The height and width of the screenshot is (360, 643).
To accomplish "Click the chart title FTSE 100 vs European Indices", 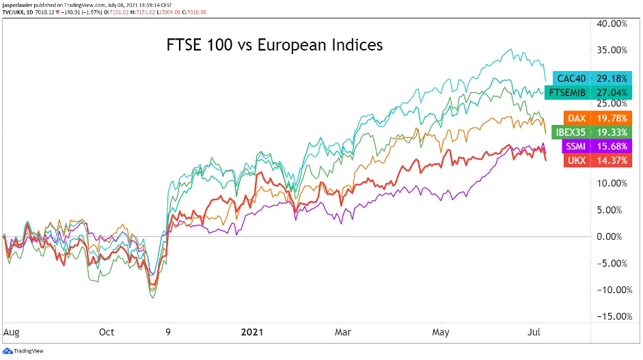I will click(275, 46).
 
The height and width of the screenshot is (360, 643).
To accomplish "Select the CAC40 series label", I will click(571, 79).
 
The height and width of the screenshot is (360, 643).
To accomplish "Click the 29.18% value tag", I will click(612, 79).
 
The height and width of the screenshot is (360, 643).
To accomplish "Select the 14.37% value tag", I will click(612, 161).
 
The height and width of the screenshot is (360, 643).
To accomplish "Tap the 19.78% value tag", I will click(612, 118).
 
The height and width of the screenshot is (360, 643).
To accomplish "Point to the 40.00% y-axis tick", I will click(612, 23).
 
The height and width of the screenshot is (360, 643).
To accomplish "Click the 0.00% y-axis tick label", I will click(614, 236).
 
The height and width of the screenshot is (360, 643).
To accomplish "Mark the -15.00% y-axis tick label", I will click(611, 316).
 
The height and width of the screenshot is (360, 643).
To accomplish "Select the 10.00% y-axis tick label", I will click(612, 183).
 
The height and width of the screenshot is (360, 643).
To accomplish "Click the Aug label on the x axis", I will click(10, 333).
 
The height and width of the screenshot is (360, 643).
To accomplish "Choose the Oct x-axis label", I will click(107, 333).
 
